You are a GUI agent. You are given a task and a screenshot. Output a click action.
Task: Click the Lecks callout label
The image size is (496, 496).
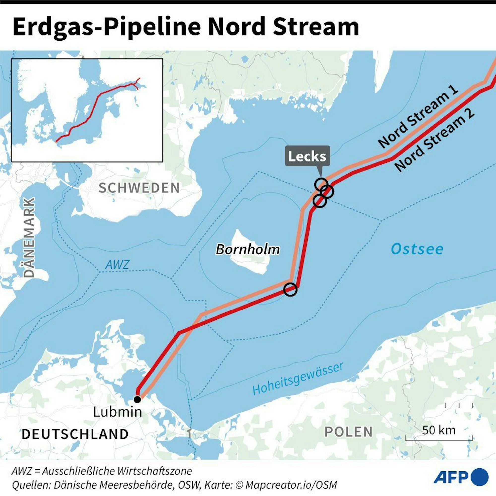[307, 156]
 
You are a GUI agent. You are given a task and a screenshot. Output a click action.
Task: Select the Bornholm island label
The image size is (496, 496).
[248, 249]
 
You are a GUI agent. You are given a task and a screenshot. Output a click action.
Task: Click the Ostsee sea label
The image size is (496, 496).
[417, 249]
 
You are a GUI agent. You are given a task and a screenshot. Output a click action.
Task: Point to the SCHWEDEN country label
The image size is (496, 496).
[139, 188]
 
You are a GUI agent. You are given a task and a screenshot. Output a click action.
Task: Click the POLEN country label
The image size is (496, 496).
[349, 432]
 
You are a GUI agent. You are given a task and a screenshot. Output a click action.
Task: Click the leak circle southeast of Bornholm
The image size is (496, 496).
[290, 290]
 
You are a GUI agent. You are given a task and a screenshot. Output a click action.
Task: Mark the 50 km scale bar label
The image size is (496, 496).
[439, 430]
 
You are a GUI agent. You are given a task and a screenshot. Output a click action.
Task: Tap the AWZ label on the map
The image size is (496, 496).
[117, 265]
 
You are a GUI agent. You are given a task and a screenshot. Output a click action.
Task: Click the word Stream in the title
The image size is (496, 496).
[316, 27]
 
